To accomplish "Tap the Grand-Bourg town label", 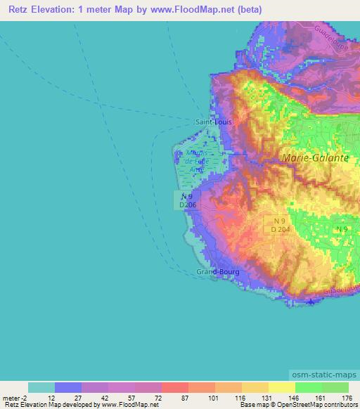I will [x=217, y=271].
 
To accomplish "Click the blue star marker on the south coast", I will [x=311, y=301].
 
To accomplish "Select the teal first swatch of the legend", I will [x=41, y=387].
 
